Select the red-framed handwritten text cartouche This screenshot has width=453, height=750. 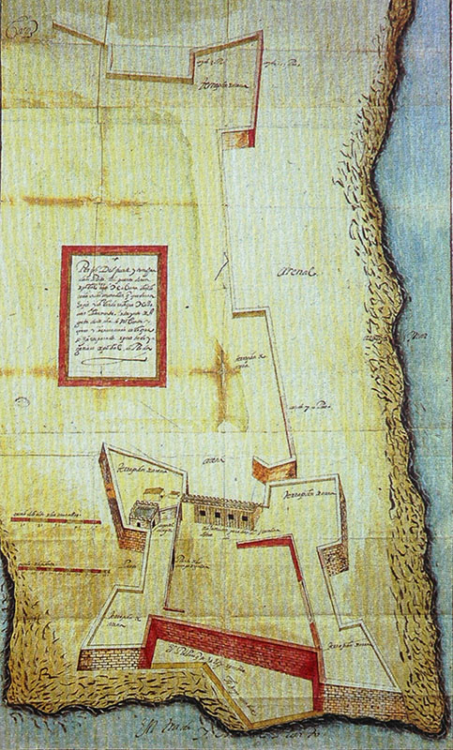coord(113,315)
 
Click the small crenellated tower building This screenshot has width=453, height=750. coord(143,513)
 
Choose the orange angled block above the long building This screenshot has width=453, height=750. coord(272,471)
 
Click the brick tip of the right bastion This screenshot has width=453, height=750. coord(333,560)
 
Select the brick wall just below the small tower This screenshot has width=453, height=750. coord(131,539)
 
